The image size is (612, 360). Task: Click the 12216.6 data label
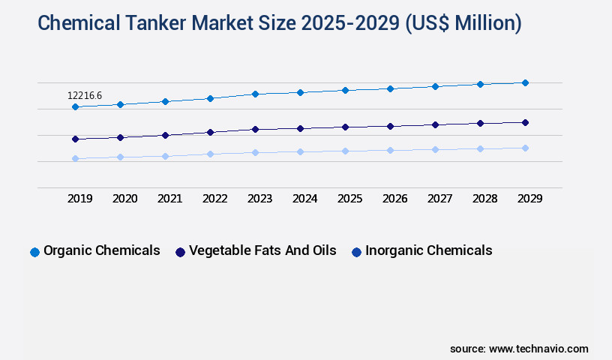(x=85, y=95)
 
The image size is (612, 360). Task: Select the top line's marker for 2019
(x=75, y=107)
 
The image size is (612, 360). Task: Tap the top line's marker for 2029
(x=525, y=82)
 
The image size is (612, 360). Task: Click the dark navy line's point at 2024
(x=300, y=128)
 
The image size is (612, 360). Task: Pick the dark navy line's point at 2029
(x=525, y=122)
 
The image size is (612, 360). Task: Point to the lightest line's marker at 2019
(x=75, y=158)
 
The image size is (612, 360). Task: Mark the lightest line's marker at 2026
(x=390, y=150)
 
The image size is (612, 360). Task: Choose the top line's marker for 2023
(x=255, y=94)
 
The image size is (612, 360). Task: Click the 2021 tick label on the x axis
(x=169, y=199)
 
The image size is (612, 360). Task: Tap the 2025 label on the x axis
(x=349, y=199)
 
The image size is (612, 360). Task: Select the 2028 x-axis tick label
(x=484, y=199)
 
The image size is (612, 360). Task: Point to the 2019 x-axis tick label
(x=79, y=199)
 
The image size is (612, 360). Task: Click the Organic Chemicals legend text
(x=102, y=250)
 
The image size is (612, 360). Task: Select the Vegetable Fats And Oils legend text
(x=262, y=250)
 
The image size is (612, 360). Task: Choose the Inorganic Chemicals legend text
(x=429, y=250)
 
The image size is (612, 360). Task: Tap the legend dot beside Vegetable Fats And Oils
(x=180, y=252)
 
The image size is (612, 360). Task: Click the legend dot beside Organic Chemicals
(x=34, y=252)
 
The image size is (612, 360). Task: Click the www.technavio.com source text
(x=538, y=349)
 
